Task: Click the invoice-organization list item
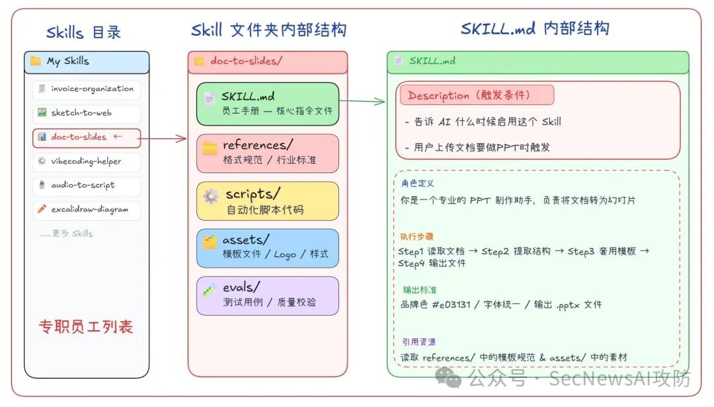point(87,89)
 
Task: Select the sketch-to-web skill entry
point(87,113)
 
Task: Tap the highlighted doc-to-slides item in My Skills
point(87,137)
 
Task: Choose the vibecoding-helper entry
point(87,162)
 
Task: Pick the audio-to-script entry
point(87,186)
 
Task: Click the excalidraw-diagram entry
point(87,210)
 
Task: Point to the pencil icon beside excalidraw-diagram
point(42,209)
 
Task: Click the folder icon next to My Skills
point(36,61)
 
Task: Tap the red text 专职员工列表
point(85,327)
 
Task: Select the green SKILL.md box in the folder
point(268,104)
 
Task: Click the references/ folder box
point(268,153)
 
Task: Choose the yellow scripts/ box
point(268,202)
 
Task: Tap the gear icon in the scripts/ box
point(211,196)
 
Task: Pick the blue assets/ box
point(268,248)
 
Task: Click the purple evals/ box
point(268,296)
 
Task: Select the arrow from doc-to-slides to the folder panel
point(162,138)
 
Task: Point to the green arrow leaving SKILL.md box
point(362,101)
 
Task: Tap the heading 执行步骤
point(416,237)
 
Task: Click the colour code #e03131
point(452,305)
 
